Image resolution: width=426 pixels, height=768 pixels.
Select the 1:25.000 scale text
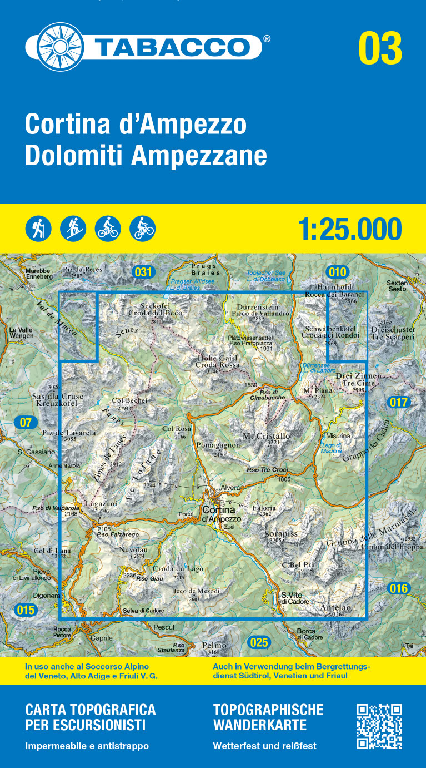coord(349,229)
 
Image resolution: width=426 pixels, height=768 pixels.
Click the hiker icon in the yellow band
coord(38,229)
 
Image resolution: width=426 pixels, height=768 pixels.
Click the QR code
coord(379,726)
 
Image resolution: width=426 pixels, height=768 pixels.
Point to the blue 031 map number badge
coord(143,272)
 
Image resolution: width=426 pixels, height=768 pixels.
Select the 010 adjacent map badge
coord(337,272)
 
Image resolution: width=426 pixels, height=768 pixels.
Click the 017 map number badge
coord(399,402)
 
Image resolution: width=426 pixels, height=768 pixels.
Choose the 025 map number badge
coord(259,643)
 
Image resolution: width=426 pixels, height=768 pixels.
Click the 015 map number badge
coord(26,610)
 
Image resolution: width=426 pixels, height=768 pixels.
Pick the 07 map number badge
coord(26,423)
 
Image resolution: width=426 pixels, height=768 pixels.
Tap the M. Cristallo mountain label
coord(267,436)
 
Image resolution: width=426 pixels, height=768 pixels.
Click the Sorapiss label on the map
coord(281,534)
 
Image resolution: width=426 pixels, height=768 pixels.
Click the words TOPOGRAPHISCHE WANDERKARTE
coord(268,717)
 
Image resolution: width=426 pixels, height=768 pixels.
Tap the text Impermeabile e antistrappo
coord(87,746)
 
